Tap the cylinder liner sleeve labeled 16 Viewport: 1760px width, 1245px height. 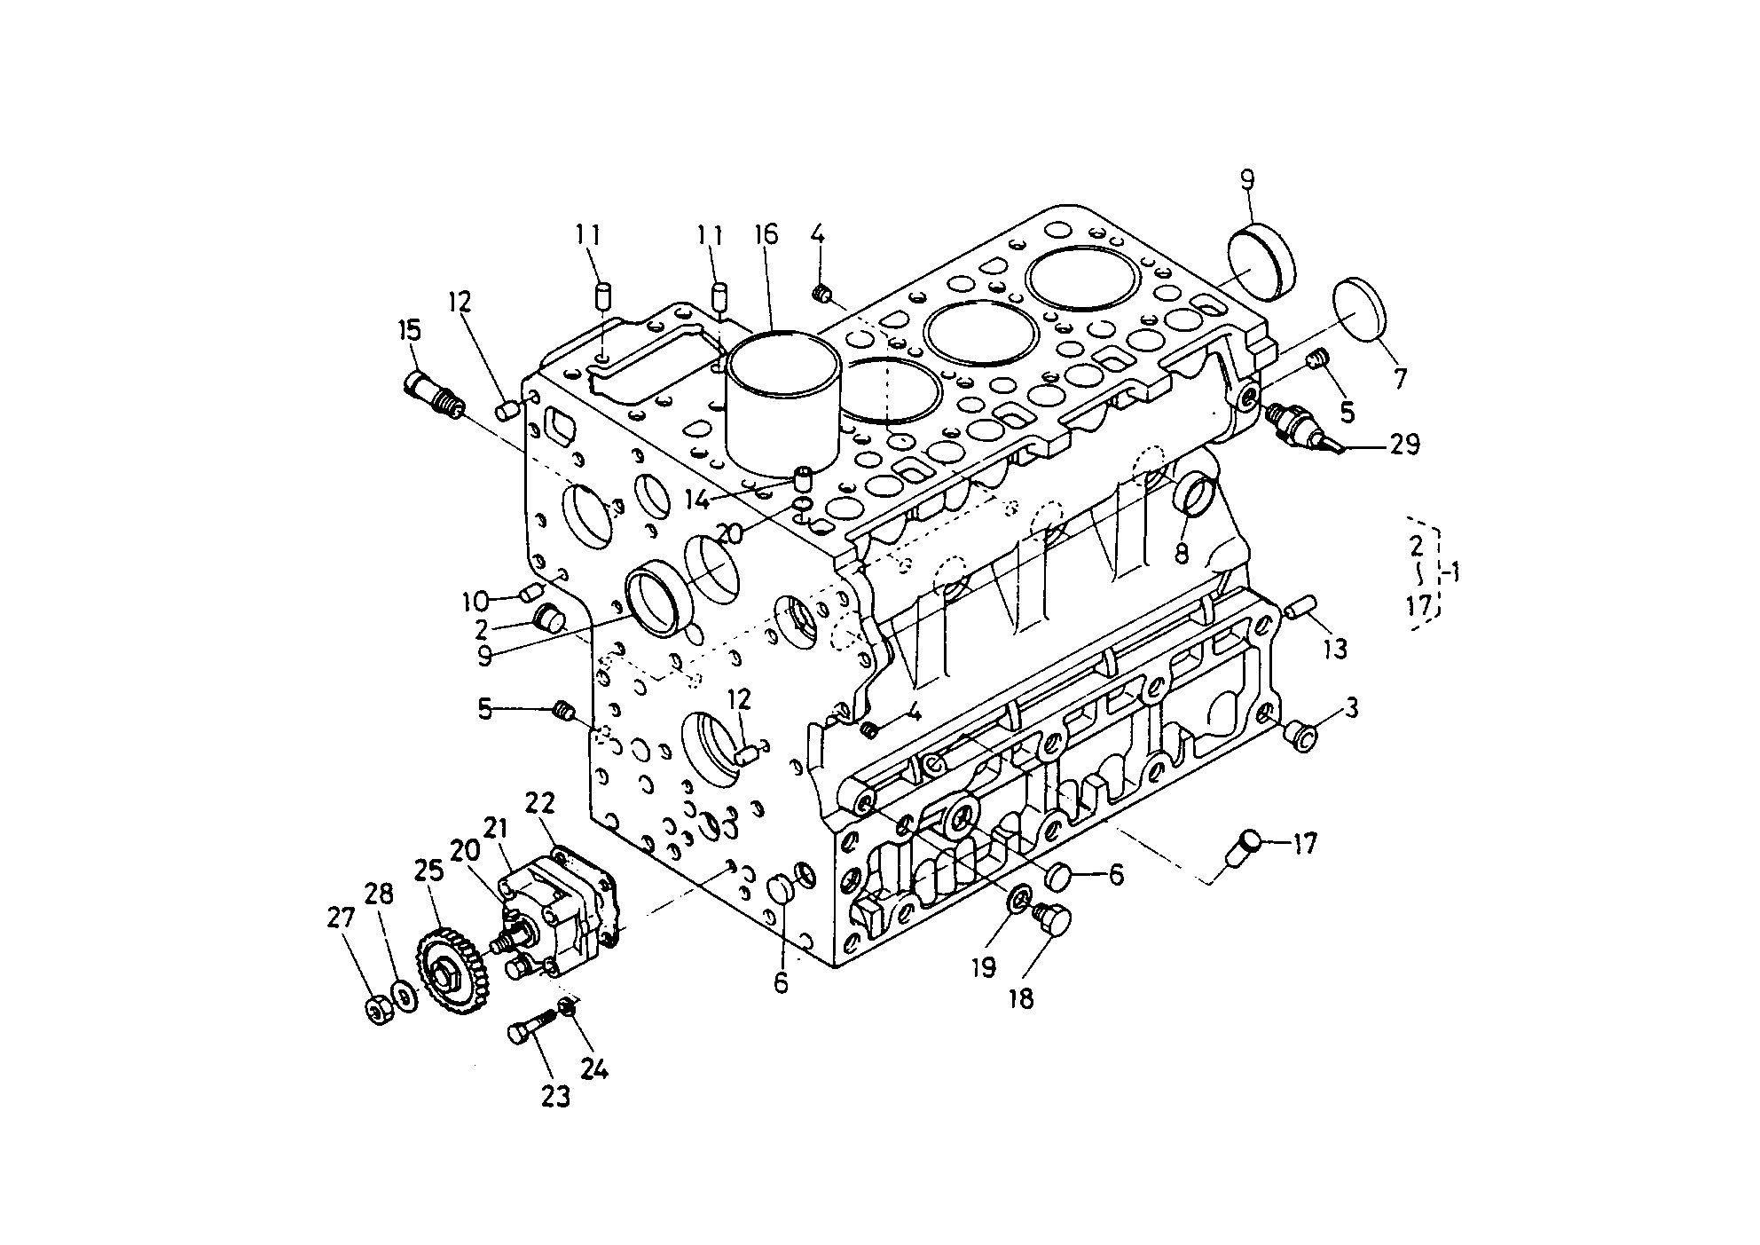[783, 405]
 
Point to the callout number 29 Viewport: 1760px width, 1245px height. [1404, 444]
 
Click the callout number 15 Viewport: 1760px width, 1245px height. [409, 331]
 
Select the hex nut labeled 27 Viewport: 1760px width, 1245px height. [380, 1009]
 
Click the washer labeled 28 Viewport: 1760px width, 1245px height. [405, 995]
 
